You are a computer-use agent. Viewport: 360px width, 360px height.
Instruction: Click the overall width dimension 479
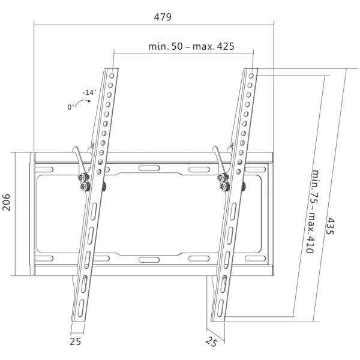162,17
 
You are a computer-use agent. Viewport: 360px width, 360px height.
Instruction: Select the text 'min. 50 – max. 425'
190,46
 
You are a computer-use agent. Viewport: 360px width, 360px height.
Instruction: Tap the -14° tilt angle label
89,92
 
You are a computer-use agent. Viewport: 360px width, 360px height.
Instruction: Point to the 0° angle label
73,107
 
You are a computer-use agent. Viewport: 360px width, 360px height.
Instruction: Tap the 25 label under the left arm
74,341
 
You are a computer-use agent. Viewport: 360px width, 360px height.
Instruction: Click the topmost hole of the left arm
112,74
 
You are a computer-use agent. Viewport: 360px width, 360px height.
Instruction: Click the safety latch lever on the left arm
78,159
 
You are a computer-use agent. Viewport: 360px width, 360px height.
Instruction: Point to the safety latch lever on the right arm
219,159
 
